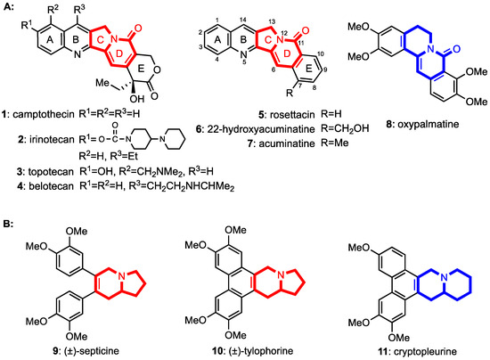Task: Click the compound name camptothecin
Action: [44, 114]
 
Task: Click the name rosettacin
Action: [292, 114]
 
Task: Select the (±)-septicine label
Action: [89, 351]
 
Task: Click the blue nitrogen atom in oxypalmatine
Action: [431, 48]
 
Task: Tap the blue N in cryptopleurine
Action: [445, 276]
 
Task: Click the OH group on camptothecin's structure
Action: [137, 99]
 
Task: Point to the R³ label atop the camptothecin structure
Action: [79, 10]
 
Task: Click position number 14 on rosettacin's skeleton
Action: [243, 20]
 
